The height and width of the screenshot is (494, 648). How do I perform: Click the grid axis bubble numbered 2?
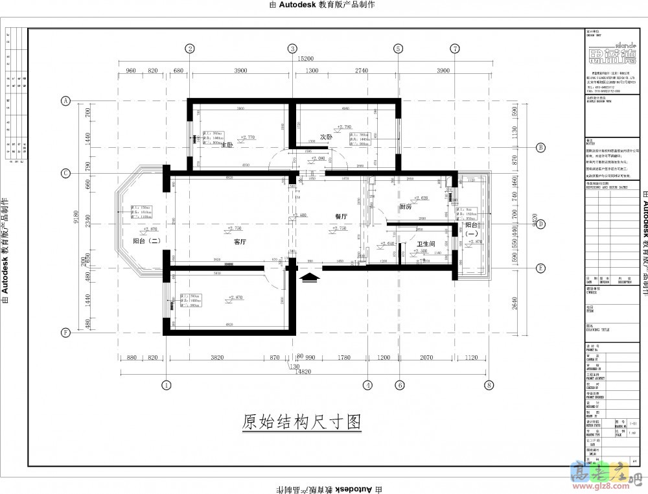pos(190,49)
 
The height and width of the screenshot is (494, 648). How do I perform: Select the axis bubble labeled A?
pos(65,100)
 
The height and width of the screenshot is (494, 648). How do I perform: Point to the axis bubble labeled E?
pos(540,268)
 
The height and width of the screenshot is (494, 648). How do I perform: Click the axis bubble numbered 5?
pos(397,49)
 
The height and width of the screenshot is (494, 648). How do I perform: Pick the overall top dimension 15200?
pos(307,58)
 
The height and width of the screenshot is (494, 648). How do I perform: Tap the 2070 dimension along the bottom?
pos(426,357)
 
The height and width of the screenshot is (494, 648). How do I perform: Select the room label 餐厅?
pos(341,217)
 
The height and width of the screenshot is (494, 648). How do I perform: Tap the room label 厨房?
pos(406,207)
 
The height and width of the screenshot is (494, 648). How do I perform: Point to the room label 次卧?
pos(326,137)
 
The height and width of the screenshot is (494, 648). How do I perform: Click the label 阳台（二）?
pos(146,241)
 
